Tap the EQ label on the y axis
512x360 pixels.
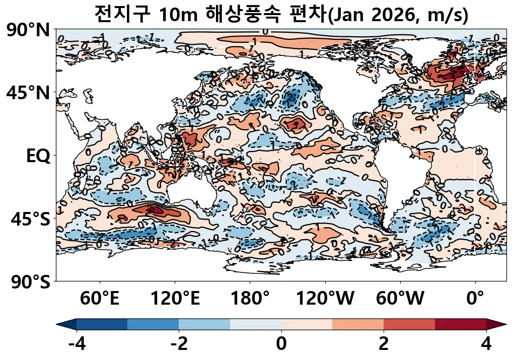[38, 156]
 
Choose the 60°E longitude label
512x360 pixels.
[100, 299]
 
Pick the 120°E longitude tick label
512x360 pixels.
[175, 299]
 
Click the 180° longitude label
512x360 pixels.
[250, 299]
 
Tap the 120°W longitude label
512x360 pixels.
[325, 299]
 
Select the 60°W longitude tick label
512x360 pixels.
[400, 299]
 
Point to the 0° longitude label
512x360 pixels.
[475, 299]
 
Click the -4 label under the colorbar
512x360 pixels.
[77, 345]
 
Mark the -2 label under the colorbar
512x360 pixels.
[179, 345]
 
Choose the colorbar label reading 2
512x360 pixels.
[384, 345]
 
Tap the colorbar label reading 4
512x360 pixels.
[486, 345]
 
